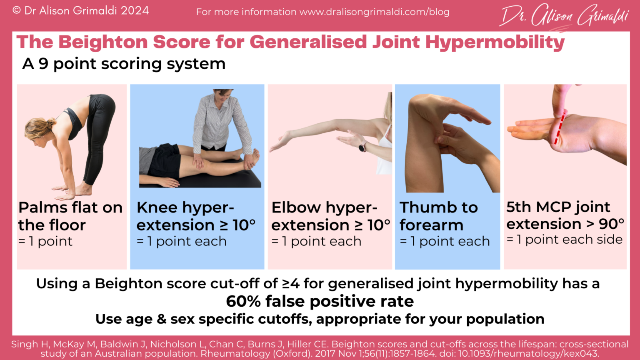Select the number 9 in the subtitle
[43, 64]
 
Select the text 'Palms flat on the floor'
[70, 216]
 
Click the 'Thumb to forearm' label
[438, 216]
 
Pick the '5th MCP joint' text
[558, 207]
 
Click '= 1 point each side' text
[565, 240]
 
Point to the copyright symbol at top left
[17, 10]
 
